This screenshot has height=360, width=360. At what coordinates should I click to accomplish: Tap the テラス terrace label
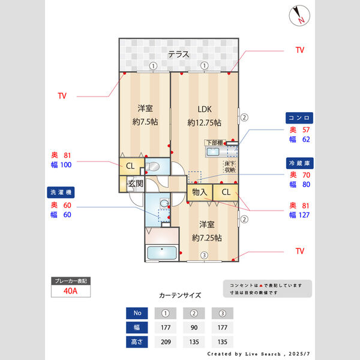pyautogui.click(x=178, y=54)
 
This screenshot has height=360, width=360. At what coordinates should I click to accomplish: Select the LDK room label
pyautogui.click(x=205, y=109)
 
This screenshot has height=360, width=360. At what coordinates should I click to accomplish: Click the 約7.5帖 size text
pyautogui.click(x=144, y=122)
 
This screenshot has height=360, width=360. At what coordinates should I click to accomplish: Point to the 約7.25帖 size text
pyautogui.click(x=207, y=238)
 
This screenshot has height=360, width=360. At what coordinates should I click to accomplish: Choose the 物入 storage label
pyautogui.click(x=200, y=193)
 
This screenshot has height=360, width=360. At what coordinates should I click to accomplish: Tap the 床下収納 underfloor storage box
pyautogui.click(x=229, y=167)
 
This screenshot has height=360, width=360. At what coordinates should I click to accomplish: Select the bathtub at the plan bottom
pyautogui.click(x=162, y=253)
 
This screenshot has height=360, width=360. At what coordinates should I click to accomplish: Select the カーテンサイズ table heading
pyautogui.click(x=180, y=296)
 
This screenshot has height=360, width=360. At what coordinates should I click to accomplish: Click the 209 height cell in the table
pyautogui.click(x=166, y=342)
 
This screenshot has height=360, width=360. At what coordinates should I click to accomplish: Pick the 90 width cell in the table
pyautogui.click(x=194, y=328)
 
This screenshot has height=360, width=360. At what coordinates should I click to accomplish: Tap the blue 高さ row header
pyautogui.click(x=137, y=342)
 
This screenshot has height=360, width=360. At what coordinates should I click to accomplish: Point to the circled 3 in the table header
pyautogui.click(x=223, y=313)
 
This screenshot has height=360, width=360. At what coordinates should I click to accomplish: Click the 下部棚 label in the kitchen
pyautogui.click(x=214, y=142)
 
